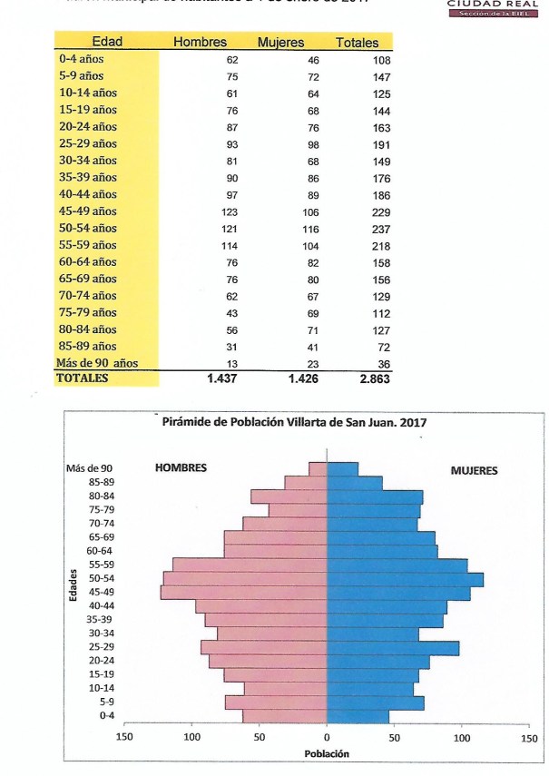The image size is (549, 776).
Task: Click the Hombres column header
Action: click(200, 43)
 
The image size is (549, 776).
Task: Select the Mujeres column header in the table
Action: click(280, 43)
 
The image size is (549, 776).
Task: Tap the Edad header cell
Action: click(108, 43)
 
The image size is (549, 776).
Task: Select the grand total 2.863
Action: click(373, 379)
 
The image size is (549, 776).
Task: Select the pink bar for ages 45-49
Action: click(243, 593)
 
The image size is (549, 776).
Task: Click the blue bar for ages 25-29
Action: click(392, 647)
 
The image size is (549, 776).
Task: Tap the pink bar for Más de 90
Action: click(318, 468)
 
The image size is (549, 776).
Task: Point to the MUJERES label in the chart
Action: click(475, 470)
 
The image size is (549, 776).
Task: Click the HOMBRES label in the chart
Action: click(181, 467)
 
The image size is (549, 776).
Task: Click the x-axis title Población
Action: click(326, 754)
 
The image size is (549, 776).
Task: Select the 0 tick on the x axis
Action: click(327, 738)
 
